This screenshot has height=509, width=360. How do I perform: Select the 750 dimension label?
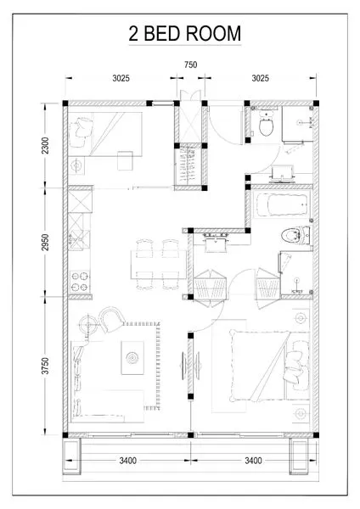click(x=192, y=65)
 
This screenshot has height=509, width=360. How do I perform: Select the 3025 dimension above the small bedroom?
click(x=121, y=79)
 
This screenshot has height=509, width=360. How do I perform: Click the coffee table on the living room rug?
click(x=132, y=357)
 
